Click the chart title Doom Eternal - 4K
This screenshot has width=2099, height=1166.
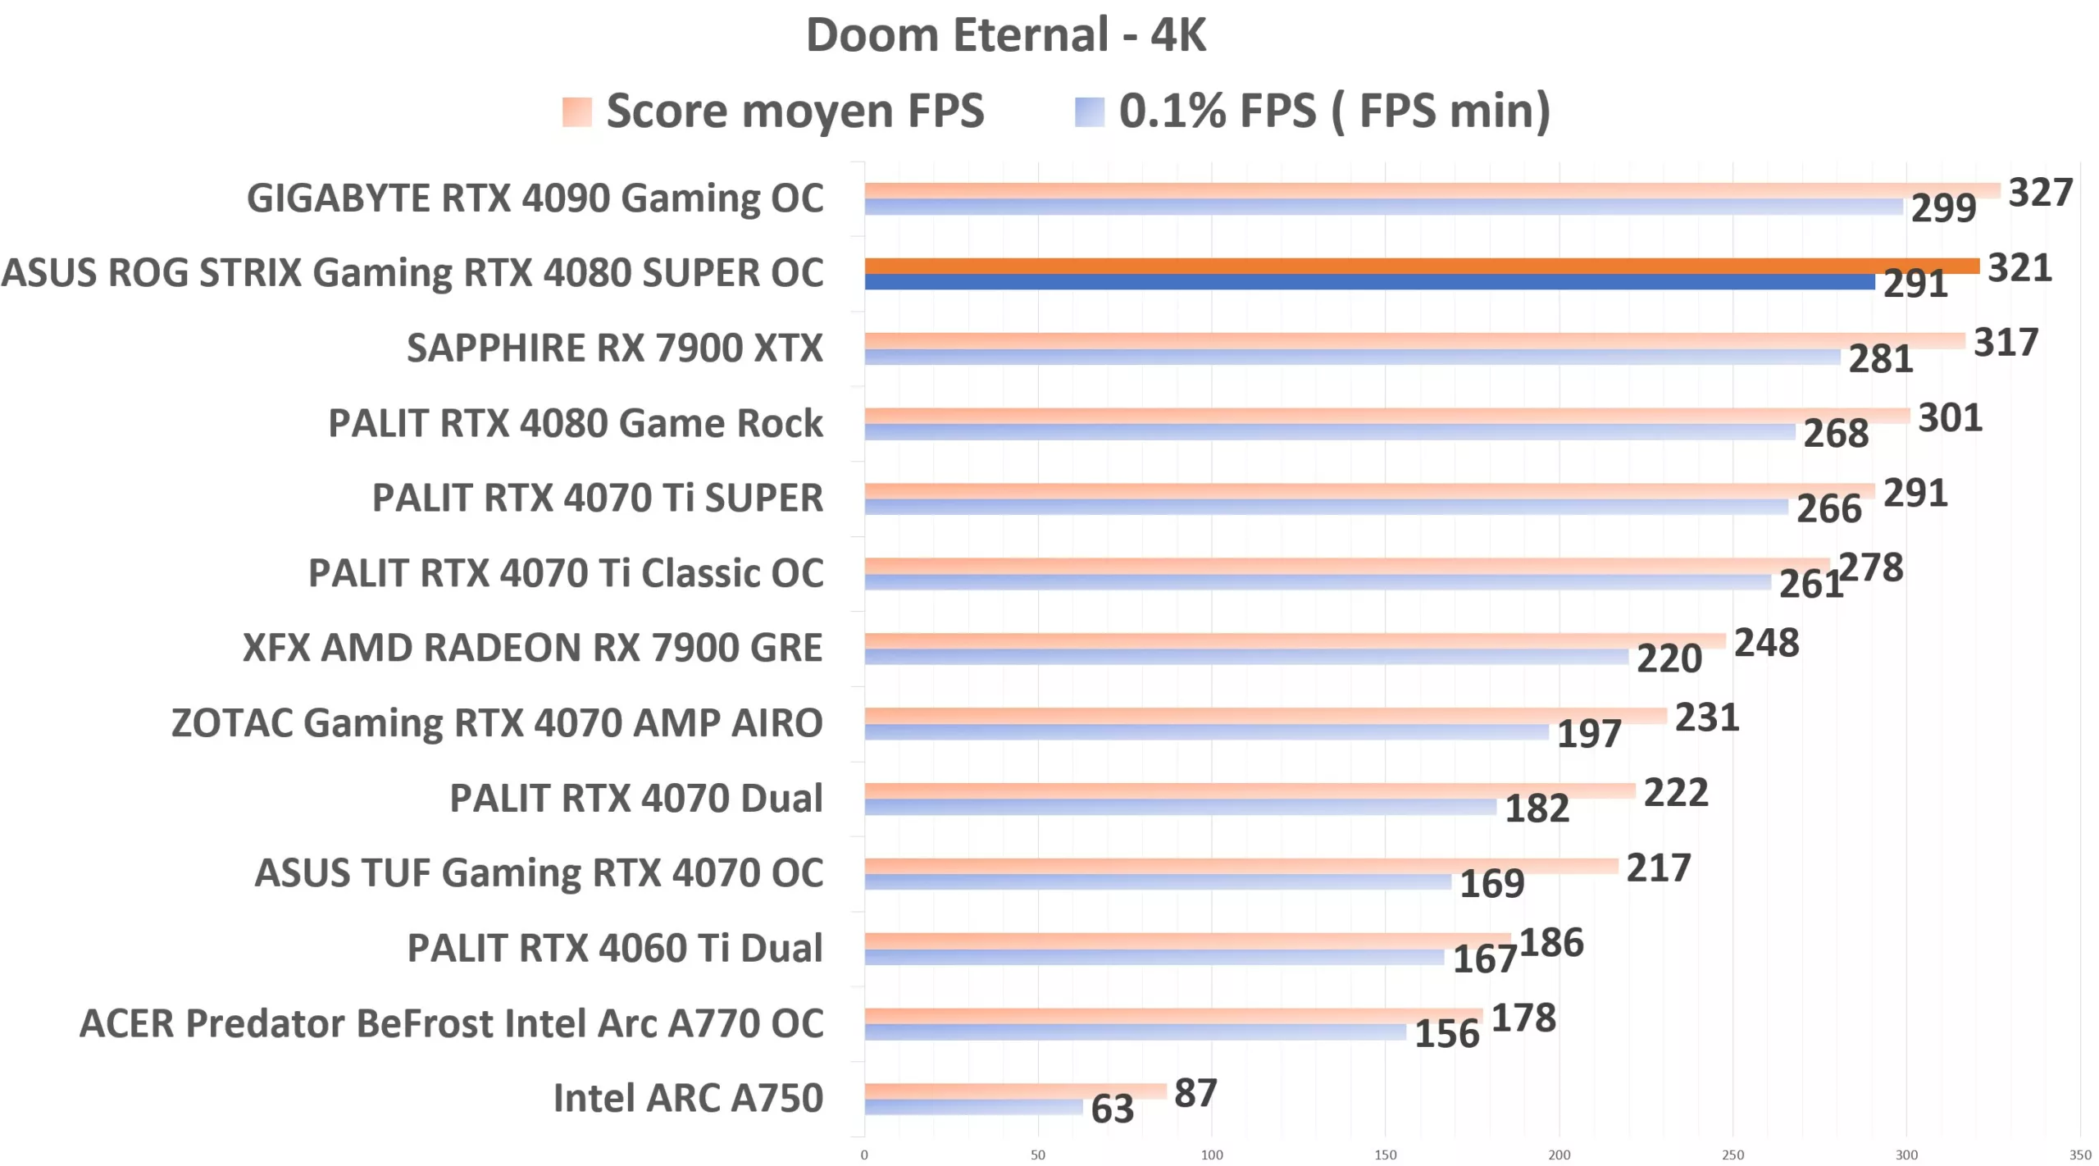click(x=1005, y=35)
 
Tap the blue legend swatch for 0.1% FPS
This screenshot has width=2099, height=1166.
click(x=1089, y=112)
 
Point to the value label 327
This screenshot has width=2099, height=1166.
click(x=2039, y=193)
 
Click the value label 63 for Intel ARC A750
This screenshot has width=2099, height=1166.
click(x=1112, y=1109)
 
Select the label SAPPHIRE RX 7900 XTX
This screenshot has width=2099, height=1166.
click(x=615, y=348)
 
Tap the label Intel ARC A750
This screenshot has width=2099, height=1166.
click(x=688, y=1098)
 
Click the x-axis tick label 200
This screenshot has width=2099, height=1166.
click(x=1559, y=1155)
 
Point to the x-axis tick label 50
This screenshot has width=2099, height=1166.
click(x=1037, y=1155)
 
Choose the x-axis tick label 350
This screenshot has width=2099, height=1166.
click(x=2079, y=1155)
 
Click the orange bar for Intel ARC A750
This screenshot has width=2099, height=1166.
click(x=1015, y=1091)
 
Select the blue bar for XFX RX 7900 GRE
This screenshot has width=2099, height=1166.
click(x=1246, y=657)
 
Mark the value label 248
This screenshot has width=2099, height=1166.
click(x=1766, y=643)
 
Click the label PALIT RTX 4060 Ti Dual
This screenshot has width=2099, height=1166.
click(x=615, y=948)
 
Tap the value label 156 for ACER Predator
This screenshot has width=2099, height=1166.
click(x=1446, y=1034)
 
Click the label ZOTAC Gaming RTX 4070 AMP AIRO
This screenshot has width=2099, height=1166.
click(x=497, y=723)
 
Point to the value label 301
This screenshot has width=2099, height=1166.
click(x=1949, y=418)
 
